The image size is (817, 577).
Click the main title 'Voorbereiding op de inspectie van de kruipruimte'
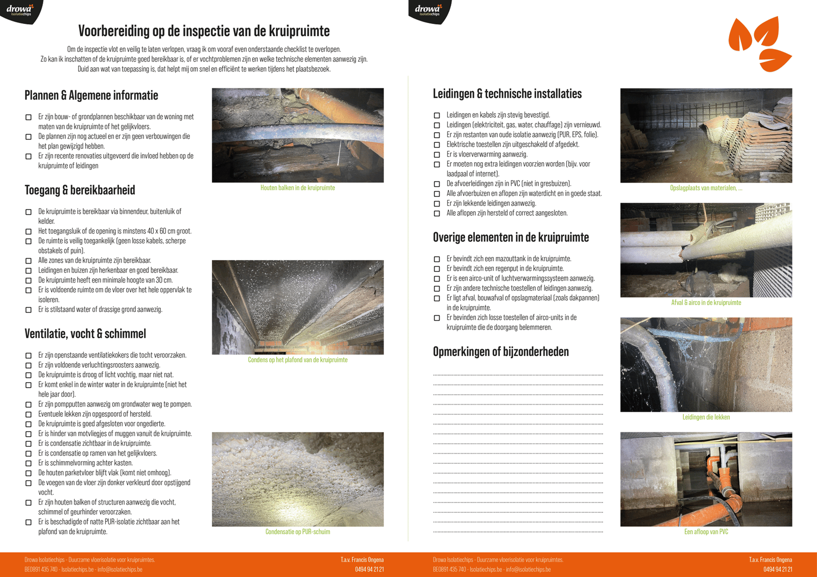[204, 31]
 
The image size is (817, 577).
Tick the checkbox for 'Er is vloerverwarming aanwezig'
[437, 155]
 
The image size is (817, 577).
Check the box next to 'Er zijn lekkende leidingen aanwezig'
[437, 204]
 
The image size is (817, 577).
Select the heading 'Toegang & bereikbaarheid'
[80, 190]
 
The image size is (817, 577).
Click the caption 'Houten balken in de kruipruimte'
[298, 188]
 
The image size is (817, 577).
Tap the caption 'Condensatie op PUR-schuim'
[298, 532]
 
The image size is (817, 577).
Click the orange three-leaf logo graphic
[760, 44]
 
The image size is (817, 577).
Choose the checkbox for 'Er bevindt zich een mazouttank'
[437, 259]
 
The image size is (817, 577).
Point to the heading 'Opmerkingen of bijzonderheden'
[500, 352]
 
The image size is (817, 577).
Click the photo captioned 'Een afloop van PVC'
[706, 479]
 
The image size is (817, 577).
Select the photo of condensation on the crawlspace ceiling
[298, 307]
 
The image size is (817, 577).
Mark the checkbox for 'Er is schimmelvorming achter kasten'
[29, 463]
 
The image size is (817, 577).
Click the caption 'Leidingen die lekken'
[706, 417]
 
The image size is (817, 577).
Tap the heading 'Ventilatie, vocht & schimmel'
[85, 334]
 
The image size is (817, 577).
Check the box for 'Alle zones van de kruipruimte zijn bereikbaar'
[29, 261]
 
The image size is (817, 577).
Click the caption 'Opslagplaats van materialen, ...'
[706, 188]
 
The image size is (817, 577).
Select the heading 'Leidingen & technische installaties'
[507, 94]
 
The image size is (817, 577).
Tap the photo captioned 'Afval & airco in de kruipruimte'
[706, 250]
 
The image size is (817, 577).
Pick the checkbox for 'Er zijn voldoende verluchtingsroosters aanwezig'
[29, 365]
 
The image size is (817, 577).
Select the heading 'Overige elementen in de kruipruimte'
[511, 237]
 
